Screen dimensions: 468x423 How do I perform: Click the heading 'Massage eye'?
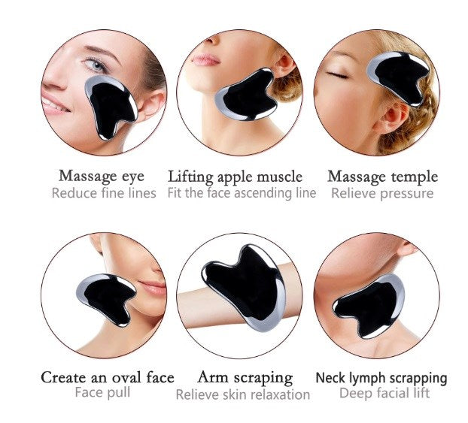pos(102,176)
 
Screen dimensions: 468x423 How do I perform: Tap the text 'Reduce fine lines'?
pos(104,193)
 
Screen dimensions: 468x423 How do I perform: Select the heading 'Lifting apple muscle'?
pos(236,177)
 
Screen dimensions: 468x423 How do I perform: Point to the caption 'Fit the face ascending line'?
pos(242,193)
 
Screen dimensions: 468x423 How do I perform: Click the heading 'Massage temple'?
pos(383,177)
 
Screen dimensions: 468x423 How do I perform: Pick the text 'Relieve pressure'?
pos(382,193)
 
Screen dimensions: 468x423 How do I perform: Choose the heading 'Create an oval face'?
pos(108,378)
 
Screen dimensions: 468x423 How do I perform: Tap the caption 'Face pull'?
pos(102,392)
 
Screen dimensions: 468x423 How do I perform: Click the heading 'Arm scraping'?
pos(245,378)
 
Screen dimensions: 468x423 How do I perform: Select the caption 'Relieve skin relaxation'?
pos(243,394)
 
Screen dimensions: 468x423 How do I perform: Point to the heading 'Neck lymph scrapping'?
pos(381,378)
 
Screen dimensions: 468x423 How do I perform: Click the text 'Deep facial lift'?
pos(384,393)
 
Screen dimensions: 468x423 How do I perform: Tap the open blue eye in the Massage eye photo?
pos(96,64)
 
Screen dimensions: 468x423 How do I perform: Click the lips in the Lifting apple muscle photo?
pos(205,59)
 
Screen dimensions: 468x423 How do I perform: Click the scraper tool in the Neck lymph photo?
pos(369,307)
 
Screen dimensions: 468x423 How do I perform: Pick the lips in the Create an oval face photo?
pos(153,288)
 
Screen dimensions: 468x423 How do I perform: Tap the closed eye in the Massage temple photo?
pos(338,75)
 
